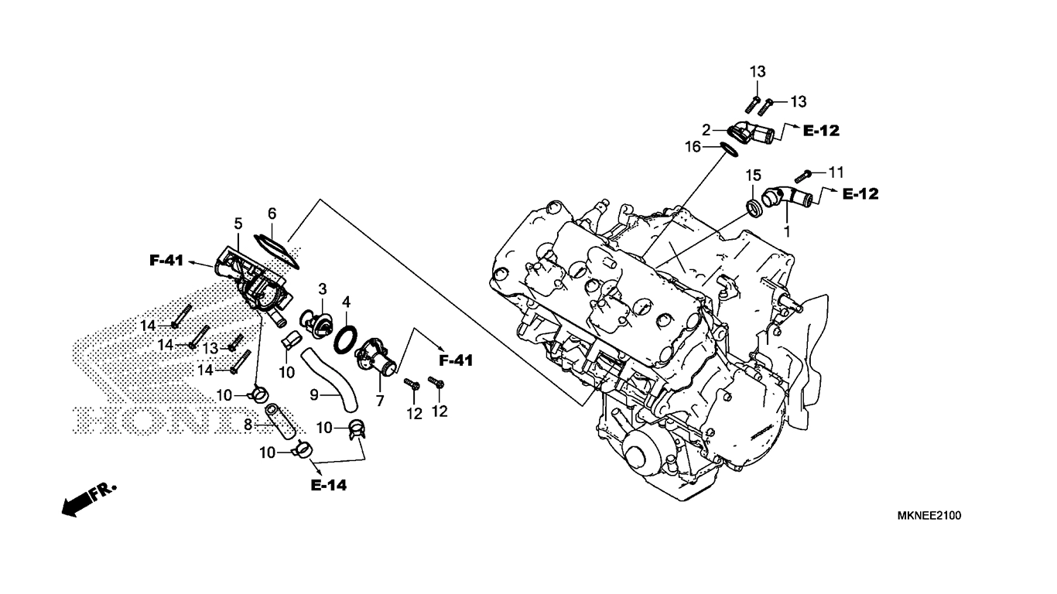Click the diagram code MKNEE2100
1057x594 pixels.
pyautogui.click(x=929, y=516)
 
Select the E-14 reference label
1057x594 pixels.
pyautogui.click(x=328, y=485)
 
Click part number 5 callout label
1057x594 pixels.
pyautogui.click(x=238, y=224)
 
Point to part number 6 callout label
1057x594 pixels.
pyautogui.click(x=272, y=213)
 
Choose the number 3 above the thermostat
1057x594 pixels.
pyautogui.click(x=323, y=288)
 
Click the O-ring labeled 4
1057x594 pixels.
pyautogui.click(x=345, y=338)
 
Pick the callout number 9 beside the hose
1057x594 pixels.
pyautogui.click(x=314, y=395)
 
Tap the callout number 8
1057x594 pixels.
pyautogui.click(x=248, y=425)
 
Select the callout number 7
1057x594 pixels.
pyautogui.click(x=380, y=401)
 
